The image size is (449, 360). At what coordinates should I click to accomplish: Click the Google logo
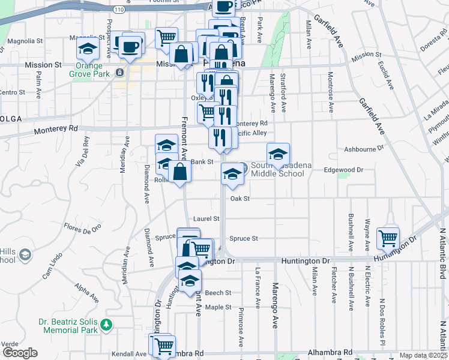(x=19, y=352)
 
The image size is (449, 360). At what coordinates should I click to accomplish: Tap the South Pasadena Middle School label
(x=277, y=170)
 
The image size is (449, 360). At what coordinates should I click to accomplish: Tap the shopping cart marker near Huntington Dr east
(x=388, y=238)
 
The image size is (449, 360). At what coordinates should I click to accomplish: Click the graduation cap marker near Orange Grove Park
(x=88, y=48)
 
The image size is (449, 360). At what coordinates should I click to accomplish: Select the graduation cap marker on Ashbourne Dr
(x=279, y=155)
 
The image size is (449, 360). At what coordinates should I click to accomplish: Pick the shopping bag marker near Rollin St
(x=179, y=172)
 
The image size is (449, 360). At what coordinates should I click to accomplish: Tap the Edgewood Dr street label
(x=344, y=170)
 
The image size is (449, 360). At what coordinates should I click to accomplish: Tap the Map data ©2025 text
(x=423, y=355)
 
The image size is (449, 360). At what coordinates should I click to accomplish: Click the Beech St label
(x=218, y=293)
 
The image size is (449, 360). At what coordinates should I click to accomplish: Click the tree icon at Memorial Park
(x=106, y=325)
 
